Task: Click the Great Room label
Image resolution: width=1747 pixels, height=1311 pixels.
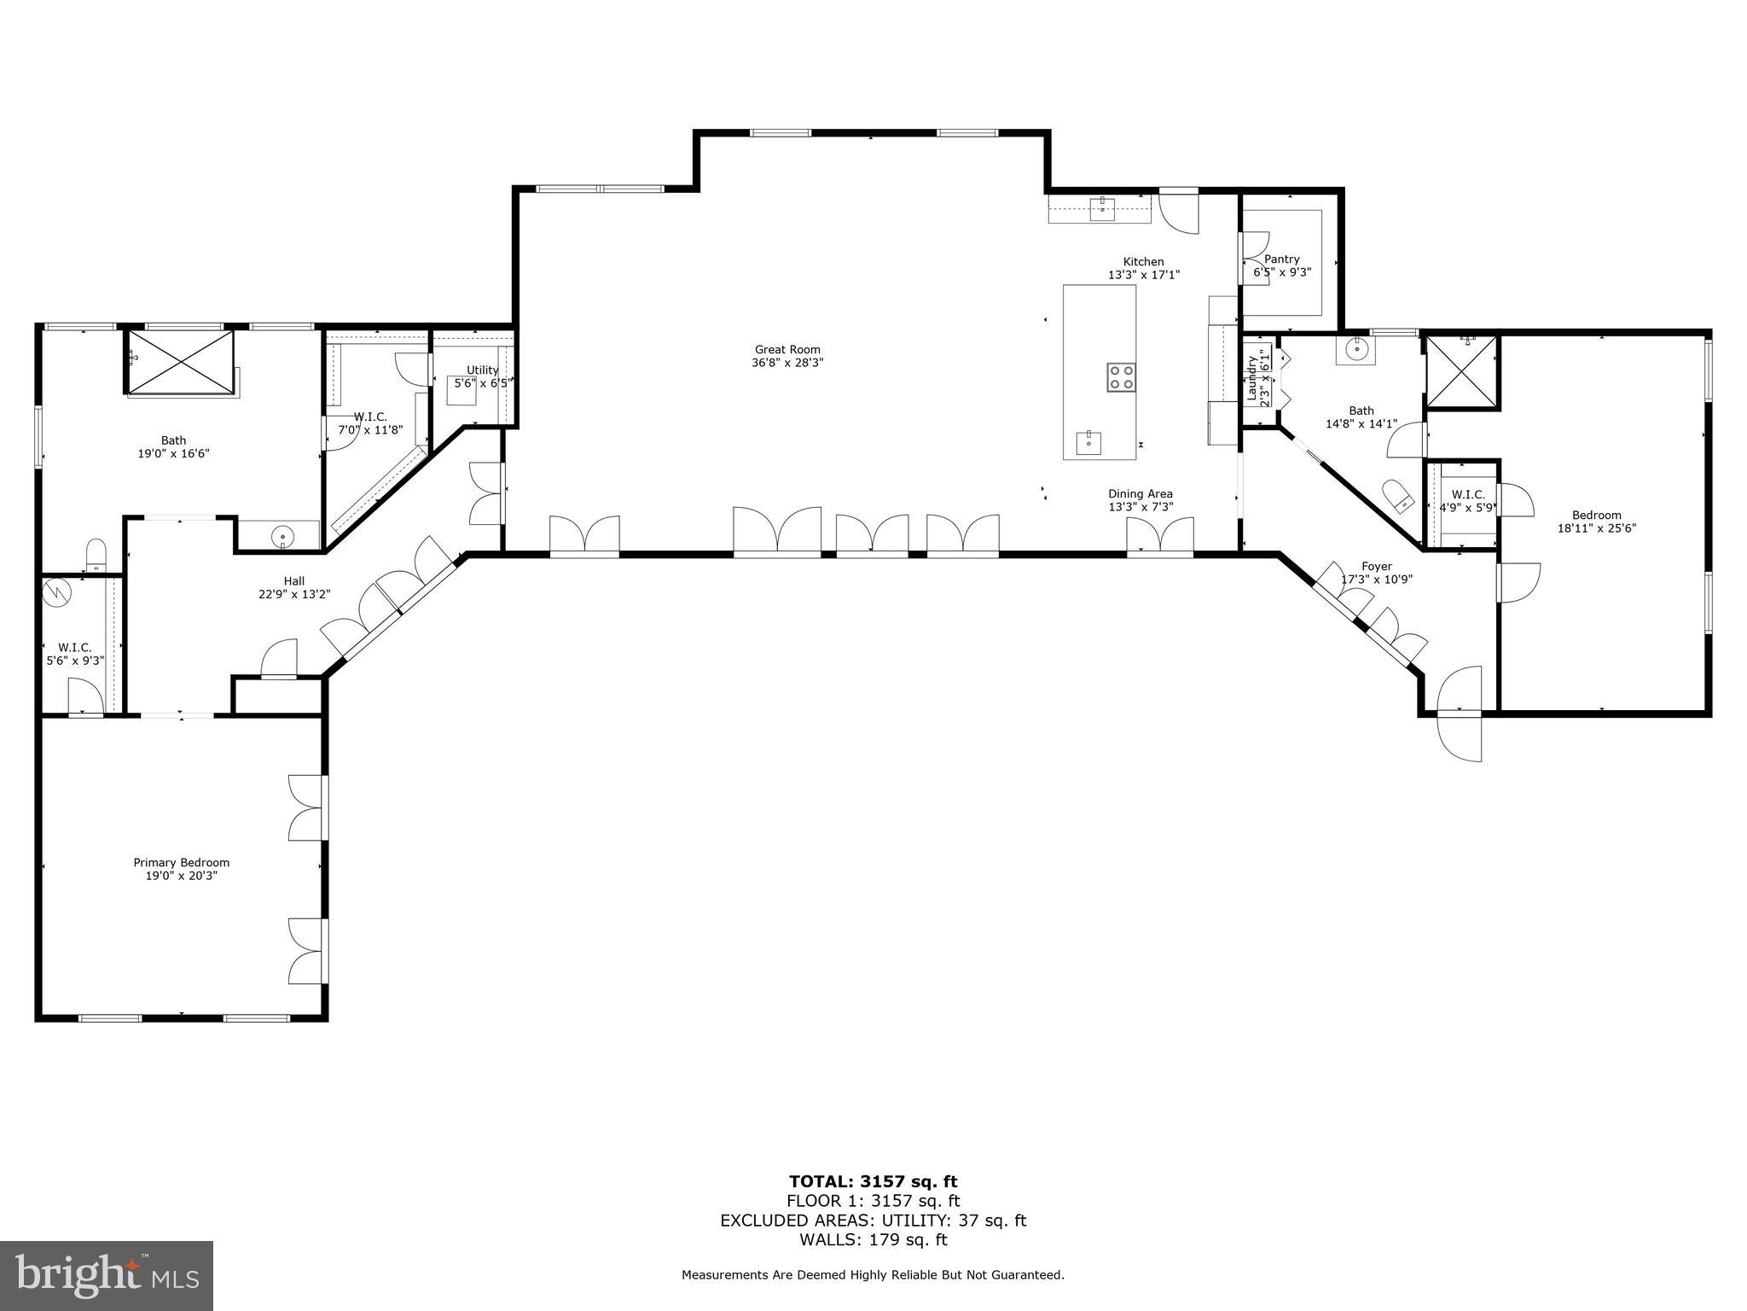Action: pyautogui.click(x=786, y=349)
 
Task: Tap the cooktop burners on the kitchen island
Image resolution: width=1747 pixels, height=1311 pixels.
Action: pyautogui.click(x=1121, y=376)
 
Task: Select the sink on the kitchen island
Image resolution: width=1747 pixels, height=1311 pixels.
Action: pyautogui.click(x=1088, y=443)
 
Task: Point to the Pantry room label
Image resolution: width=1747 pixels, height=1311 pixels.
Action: pyautogui.click(x=1281, y=259)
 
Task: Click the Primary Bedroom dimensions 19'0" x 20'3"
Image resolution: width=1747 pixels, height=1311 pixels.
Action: pyautogui.click(x=181, y=876)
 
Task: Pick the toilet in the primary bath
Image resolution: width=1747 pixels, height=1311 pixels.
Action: pyautogui.click(x=96, y=554)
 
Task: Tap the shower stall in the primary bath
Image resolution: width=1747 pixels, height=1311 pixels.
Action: pyautogui.click(x=180, y=362)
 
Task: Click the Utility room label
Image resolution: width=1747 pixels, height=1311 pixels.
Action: pyautogui.click(x=482, y=370)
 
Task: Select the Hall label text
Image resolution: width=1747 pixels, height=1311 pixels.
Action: pyautogui.click(x=293, y=581)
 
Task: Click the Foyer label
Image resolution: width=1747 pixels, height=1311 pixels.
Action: pyautogui.click(x=1376, y=566)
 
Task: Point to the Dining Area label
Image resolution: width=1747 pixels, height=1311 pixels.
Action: pyautogui.click(x=1140, y=493)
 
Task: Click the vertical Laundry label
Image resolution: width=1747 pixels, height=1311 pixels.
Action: pyautogui.click(x=1251, y=378)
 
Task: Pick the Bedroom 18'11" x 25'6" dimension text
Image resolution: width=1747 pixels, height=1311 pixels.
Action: pyautogui.click(x=1596, y=528)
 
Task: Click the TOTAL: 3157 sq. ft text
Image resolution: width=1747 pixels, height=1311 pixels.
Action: pyautogui.click(x=873, y=1181)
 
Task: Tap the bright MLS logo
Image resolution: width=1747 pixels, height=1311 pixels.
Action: pyautogui.click(x=107, y=1275)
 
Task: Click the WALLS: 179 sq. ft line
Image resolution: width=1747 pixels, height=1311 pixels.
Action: pyautogui.click(x=873, y=1239)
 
